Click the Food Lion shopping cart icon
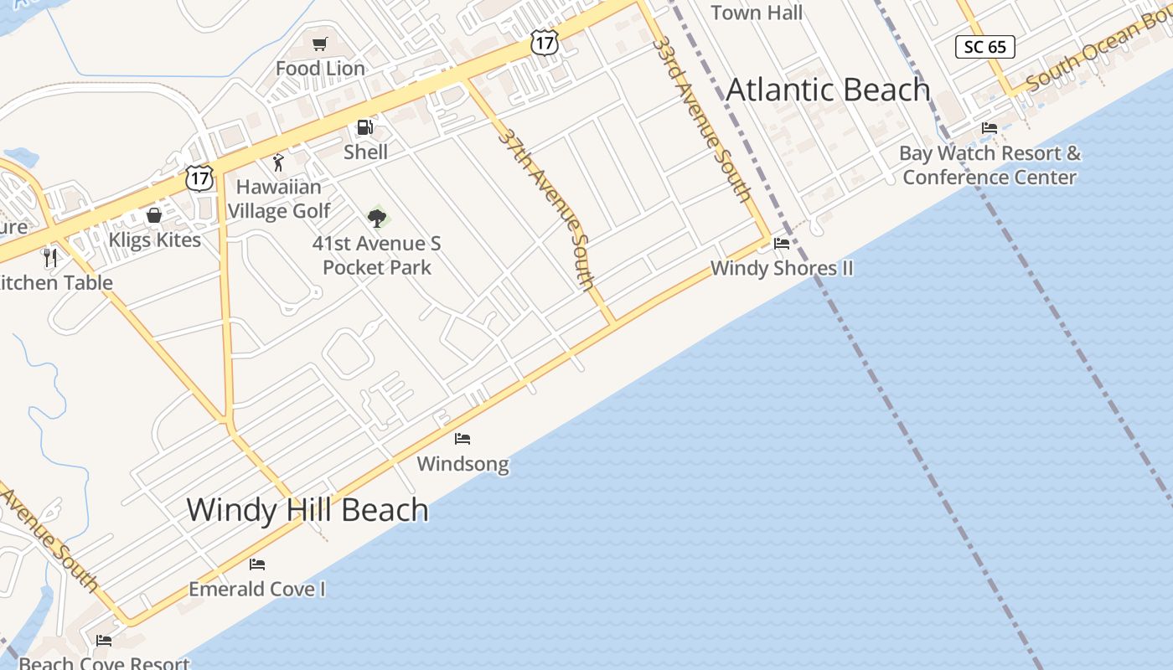tap(319, 44)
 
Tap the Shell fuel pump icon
tap(364, 127)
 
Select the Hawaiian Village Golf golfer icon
tap(278, 162)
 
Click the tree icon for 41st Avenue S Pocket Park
tap(377, 218)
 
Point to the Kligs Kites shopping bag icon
tap(154, 215)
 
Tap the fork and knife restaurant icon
tap(50, 257)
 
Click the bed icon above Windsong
tap(462, 438)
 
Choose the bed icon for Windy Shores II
tap(782, 244)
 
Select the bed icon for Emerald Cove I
tap(257, 564)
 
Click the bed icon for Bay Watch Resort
tap(990, 128)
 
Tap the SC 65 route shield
tap(985, 47)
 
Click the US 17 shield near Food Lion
tap(545, 42)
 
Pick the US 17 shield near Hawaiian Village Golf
tap(199, 178)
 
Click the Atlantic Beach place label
tap(828, 90)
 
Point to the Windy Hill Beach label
tap(307, 509)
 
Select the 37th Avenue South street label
tap(546, 209)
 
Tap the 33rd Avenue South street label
tap(701, 117)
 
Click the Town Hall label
tap(757, 13)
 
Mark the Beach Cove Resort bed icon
tap(104, 641)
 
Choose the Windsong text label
tap(462, 463)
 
